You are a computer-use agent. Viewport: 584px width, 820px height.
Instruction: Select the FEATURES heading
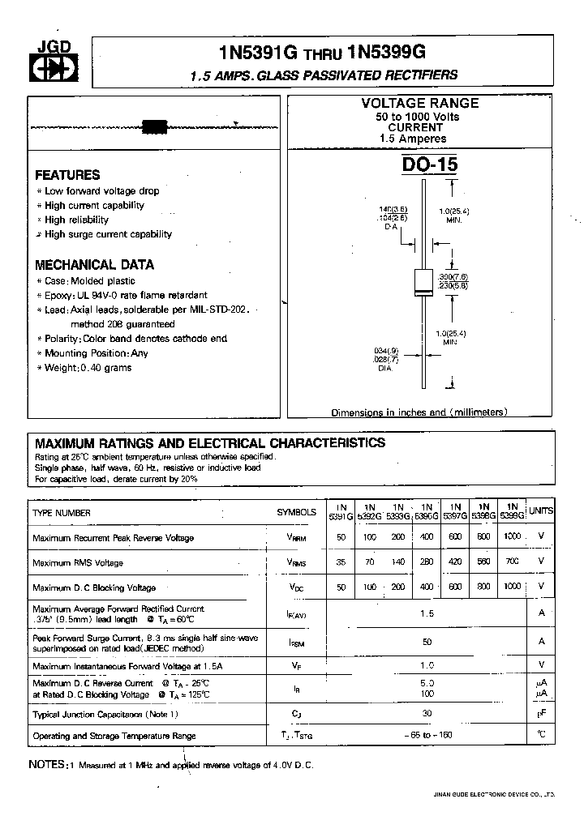68,175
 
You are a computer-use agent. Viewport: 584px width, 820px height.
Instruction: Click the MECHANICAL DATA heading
94,265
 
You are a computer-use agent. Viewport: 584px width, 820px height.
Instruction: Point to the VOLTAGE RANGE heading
419,104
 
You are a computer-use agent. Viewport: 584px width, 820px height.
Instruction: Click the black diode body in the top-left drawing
153,126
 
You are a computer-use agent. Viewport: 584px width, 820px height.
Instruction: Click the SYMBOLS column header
296,513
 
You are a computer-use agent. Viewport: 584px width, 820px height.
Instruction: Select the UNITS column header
541,510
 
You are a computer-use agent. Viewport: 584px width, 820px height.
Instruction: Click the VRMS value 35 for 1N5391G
341,562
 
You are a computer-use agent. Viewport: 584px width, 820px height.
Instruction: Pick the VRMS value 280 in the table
426,562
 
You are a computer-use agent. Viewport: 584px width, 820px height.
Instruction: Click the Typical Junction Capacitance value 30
427,714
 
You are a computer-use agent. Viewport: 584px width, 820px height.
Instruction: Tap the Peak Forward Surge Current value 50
427,641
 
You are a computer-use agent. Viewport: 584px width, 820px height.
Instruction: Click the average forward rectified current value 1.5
427,613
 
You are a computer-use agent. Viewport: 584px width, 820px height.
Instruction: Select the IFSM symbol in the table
296,643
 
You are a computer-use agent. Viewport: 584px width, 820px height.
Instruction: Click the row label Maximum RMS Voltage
78,563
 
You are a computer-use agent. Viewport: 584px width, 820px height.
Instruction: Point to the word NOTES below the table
47,765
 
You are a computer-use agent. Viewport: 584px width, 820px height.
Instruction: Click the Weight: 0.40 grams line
88,368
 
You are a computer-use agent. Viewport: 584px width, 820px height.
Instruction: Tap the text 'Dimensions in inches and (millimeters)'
419,412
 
